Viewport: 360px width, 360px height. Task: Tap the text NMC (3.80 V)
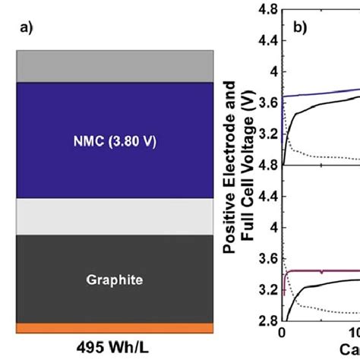coord(115,141)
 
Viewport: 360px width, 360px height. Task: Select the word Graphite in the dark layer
coord(115,279)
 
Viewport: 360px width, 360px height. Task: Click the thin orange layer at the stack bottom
coord(115,327)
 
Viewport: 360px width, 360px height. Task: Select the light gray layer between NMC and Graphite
coord(115,217)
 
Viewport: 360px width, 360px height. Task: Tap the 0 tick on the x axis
coord(283,334)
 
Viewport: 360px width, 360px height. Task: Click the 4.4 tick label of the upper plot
coord(266,39)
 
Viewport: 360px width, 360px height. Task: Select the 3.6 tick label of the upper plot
coord(266,102)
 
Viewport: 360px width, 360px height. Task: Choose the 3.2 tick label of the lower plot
coord(266,290)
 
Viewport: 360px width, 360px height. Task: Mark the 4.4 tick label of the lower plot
coord(266,196)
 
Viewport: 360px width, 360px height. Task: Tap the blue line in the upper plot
coord(319,93)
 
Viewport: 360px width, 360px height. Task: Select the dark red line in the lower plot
coord(319,270)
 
